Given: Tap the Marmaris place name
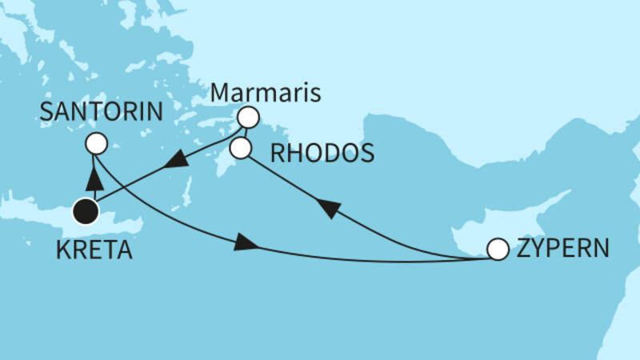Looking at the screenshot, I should pos(264,94).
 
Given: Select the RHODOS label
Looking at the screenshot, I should pos(322,152).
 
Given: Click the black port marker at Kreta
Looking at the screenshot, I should pos(86,212).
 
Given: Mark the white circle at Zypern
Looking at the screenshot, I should pos(498,250).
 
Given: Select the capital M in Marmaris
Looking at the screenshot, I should pos(218,94).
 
